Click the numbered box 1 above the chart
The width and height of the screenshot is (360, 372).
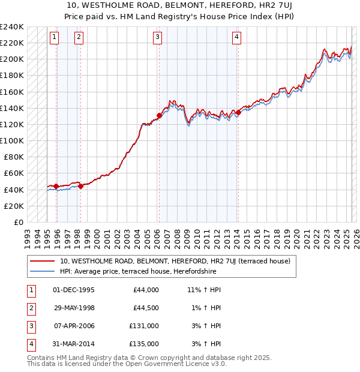tap(54, 37)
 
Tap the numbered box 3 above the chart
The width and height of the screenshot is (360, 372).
tap(157, 37)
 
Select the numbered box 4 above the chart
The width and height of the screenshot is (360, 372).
tap(237, 37)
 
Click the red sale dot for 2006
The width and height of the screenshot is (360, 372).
tap(159, 116)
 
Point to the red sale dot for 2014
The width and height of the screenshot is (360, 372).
tap(238, 112)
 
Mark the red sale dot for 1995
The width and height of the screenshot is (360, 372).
tap(56, 186)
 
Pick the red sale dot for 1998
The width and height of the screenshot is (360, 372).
tap(80, 186)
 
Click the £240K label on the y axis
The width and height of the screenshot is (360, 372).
tap(12, 27)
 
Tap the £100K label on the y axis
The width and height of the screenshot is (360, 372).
tap(12, 140)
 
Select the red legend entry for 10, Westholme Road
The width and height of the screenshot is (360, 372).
tap(175, 261)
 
